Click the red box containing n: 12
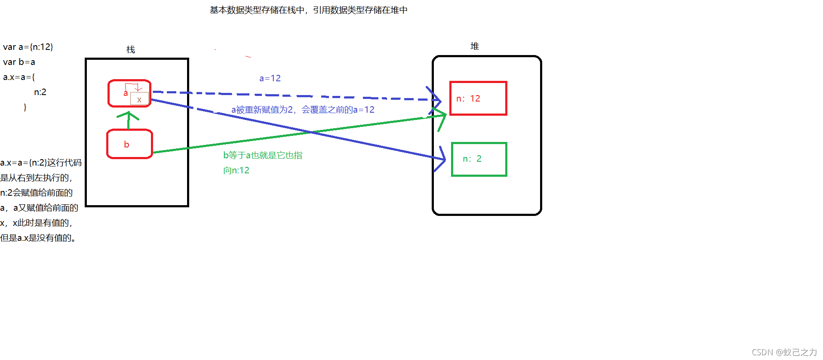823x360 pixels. pos(478,98)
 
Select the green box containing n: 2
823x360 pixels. pos(479,159)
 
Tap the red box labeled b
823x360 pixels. pos(129,144)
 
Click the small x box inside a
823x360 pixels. pos(139,99)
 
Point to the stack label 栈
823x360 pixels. pos(131,49)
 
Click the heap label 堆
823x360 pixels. pos(475,46)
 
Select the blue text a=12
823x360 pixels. pos(270,78)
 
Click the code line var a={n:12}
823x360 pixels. pos(28,47)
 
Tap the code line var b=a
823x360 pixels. pos(19,62)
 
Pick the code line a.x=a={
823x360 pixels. pos(19,77)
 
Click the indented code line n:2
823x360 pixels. pos(40,92)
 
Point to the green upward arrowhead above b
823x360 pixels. pos(128,115)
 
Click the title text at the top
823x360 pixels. pos(308,10)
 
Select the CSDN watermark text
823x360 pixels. pos(784,352)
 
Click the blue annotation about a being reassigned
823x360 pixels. pos(303,110)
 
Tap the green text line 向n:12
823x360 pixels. pos(236,170)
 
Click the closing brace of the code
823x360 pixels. pos(25,107)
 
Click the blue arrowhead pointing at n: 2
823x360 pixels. pos(442,159)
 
